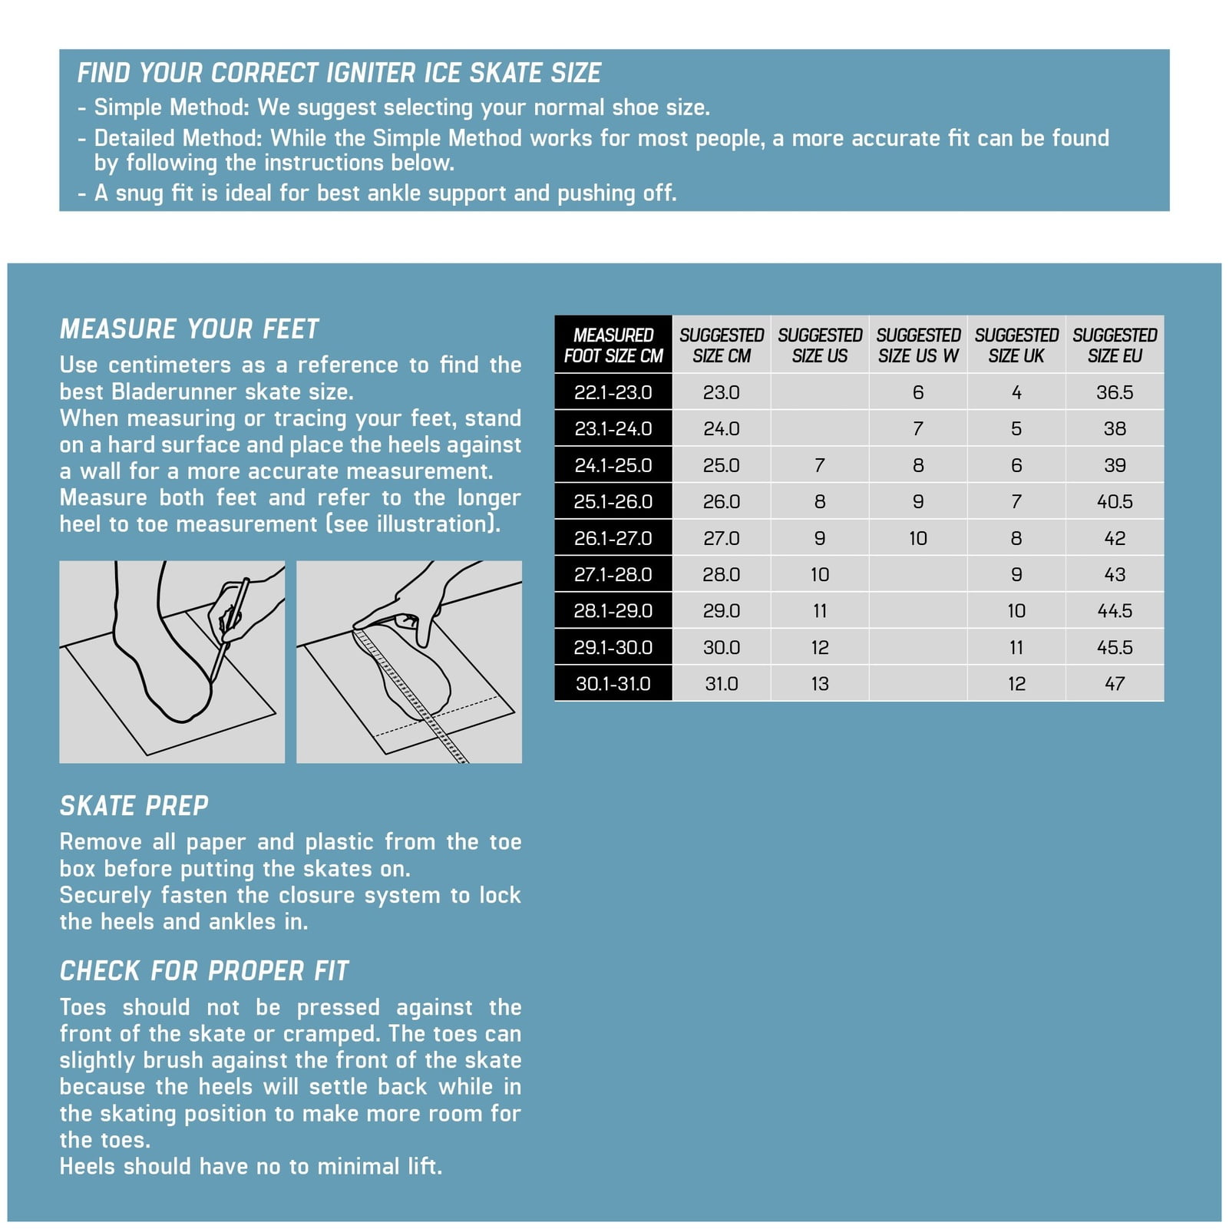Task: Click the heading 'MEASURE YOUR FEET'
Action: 189,329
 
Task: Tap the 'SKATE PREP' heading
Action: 134,805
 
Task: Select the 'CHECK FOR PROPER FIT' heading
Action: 204,970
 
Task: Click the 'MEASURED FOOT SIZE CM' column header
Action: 613,345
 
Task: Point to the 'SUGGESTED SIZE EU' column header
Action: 1115,345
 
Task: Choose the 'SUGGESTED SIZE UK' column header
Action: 1016,345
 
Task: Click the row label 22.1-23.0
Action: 613,392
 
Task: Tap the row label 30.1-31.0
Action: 613,683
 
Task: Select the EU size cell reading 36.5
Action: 1115,392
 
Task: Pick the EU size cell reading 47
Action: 1115,683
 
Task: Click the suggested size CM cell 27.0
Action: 722,538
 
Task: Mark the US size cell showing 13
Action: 820,683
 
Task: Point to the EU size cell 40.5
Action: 1115,501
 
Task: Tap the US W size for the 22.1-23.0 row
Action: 918,392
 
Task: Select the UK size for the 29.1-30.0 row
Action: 1016,647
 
